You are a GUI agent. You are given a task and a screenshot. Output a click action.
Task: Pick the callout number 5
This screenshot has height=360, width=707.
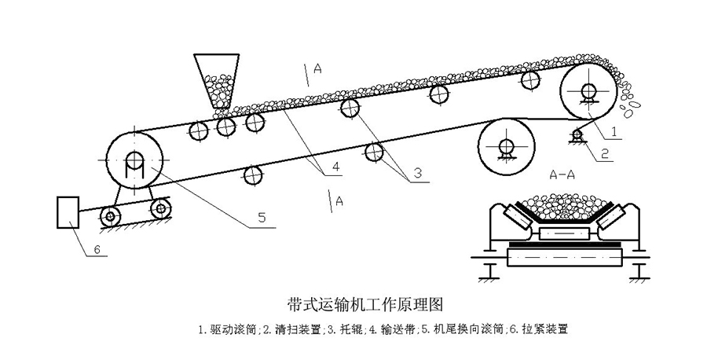[262, 217]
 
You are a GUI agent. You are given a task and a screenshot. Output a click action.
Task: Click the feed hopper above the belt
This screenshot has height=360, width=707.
[216, 79]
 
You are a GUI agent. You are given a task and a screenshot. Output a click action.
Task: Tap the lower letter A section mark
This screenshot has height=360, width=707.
[339, 201]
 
